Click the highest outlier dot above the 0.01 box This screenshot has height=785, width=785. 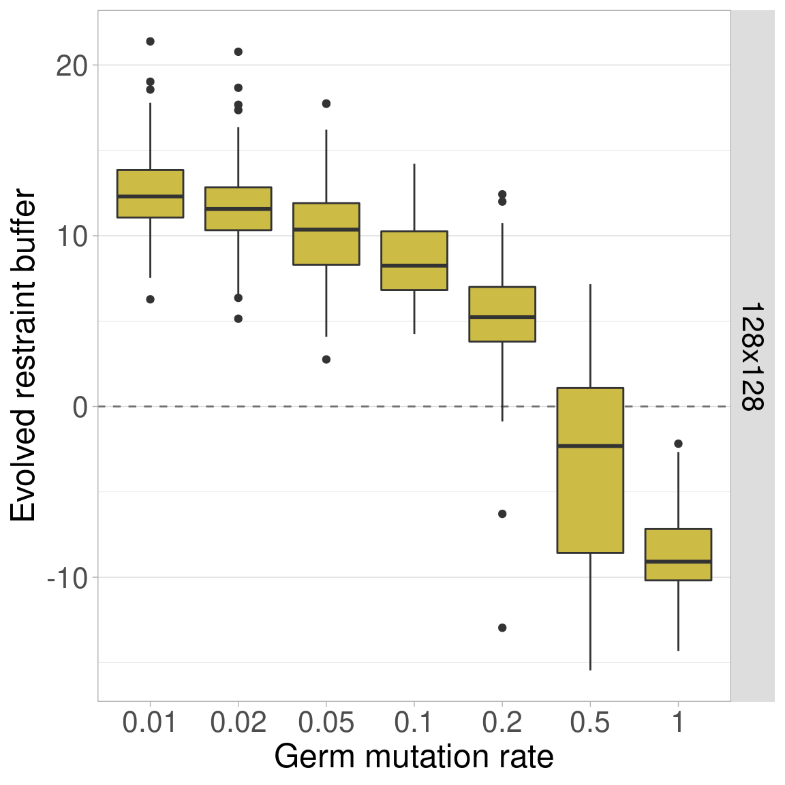pyautogui.click(x=150, y=42)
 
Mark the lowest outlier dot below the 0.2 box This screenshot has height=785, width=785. pyautogui.click(x=502, y=628)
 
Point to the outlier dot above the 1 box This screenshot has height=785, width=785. pyautogui.click(x=678, y=444)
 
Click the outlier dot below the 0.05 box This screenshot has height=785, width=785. pyautogui.click(x=326, y=359)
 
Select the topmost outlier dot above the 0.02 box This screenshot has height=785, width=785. pyautogui.click(x=238, y=52)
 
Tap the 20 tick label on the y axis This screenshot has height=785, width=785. pyautogui.click(x=72, y=66)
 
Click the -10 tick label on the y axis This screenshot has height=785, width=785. pyautogui.click(x=67, y=579)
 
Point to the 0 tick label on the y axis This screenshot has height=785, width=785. pyautogui.click(x=80, y=407)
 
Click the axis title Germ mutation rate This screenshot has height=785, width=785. pyautogui.click(x=414, y=757)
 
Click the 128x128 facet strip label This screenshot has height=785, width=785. pyautogui.click(x=752, y=356)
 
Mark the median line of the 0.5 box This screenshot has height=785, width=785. pyautogui.click(x=590, y=446)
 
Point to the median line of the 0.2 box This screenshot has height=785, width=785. pyautogui.click(x=502, y=317)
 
